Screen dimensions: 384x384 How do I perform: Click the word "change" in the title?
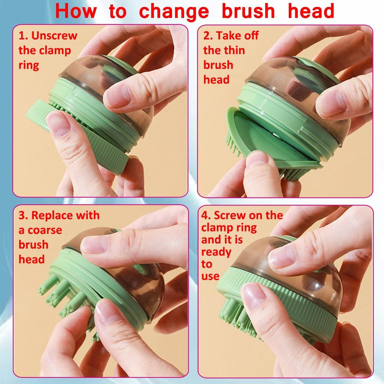coord(174,11)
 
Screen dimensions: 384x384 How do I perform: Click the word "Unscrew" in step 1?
coord(54,36)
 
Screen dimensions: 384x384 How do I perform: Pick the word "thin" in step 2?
coord(232,50)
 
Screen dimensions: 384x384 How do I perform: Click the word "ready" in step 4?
coord(216,252)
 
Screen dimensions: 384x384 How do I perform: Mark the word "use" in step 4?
coord(210,276)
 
